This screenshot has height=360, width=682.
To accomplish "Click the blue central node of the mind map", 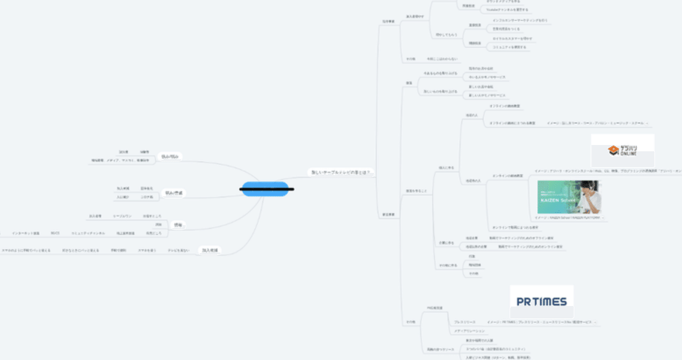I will pos(265,189).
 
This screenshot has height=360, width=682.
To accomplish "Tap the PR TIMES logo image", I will pos(542,301).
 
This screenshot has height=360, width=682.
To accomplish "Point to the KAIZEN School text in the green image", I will pos(554,200).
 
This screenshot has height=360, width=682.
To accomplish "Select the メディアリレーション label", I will pos(469,330).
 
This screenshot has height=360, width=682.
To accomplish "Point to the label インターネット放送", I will pos(26,233).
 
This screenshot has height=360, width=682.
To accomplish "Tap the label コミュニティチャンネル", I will pos(88,233).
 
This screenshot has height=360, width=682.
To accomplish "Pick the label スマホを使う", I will pos(146,250).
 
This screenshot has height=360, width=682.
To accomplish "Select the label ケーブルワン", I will pos(122,216).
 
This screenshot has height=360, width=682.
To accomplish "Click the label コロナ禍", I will pos(147,197).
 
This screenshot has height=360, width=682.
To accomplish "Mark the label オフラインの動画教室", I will pos(505,106).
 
